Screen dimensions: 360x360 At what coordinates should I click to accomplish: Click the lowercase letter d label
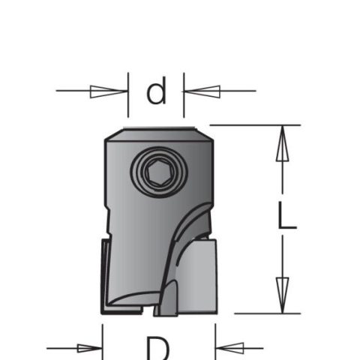(x=155, y=92)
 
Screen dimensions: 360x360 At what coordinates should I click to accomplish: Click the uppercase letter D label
(x=157, y=348)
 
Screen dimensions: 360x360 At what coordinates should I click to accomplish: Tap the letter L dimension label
(x=287, y=216)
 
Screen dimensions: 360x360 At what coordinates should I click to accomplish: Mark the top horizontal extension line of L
(x=247, y=125)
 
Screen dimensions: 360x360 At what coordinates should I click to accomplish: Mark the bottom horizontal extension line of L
(x=262, y=313)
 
